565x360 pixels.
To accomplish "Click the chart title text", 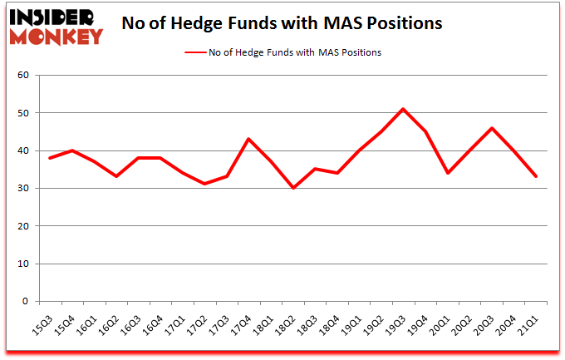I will (282, 22).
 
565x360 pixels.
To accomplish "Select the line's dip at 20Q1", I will (448, 173).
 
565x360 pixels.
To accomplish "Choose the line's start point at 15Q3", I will (49, 158).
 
